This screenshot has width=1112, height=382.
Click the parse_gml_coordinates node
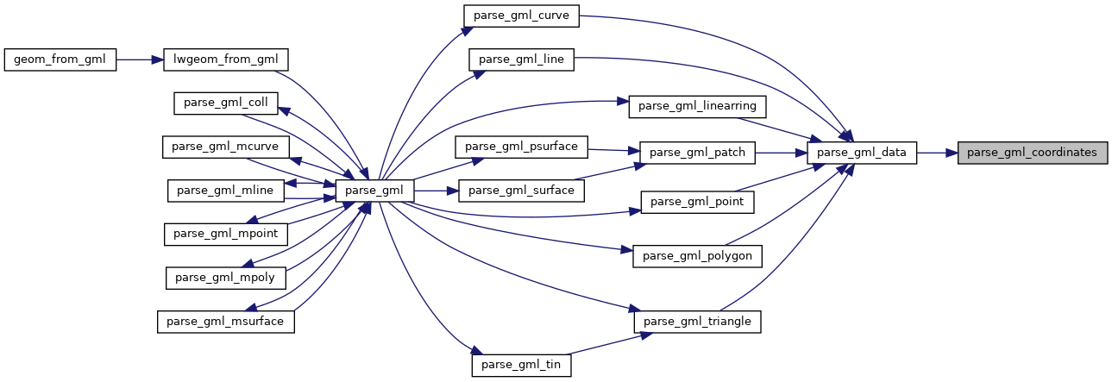(1033, 153)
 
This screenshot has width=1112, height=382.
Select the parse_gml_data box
(861, 153)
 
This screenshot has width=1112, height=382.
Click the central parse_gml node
(375, 190)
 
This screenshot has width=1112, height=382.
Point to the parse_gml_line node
(520, 59)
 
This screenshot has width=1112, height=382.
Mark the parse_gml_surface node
(521, 190)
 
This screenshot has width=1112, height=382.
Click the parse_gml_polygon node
(697, 256)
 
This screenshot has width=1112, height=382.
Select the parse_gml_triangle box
(697, 322)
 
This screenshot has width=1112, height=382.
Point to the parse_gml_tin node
(521, 365)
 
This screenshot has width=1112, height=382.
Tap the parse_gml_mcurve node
(225, 146)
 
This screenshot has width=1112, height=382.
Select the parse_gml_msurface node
(225, 322)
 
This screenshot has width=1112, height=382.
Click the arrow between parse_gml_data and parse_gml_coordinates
(937, 153)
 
